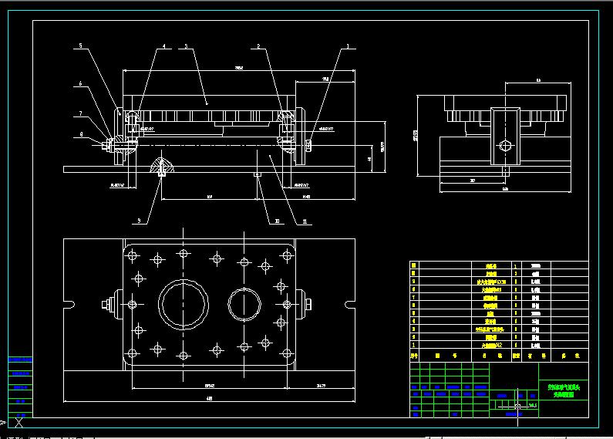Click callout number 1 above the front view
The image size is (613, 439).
click(346, 47)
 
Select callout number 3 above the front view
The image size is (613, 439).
click(186, 47)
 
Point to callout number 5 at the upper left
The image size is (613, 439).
click(79, 47)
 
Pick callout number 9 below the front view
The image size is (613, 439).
click(139, 221)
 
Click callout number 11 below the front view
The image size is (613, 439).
click(294, 221)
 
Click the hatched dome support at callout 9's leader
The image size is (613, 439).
click(162, 166)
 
